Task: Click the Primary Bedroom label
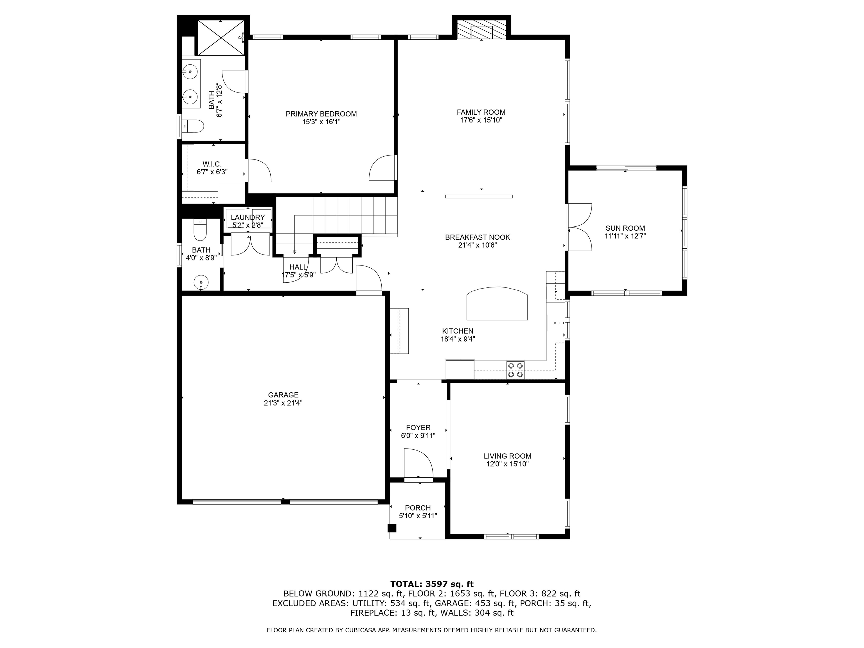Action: (x=321, y=114)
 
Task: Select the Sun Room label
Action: (x=625, y=228)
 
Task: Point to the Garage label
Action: (x=283, y=395)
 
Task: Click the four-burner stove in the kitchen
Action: (x=516, y=370)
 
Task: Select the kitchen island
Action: (x=497, y=303)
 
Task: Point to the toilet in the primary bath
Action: (x=193, y=126)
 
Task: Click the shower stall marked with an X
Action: (x=221, y=37)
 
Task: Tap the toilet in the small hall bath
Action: (x=200, y=230)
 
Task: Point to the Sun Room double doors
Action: (x=580, y=227)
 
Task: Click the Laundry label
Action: (x=247, y=218)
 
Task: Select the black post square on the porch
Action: (x=392, y=528)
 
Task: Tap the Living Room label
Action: (x=507, y=456)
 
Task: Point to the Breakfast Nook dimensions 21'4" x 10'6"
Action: (x=478, y=245)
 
